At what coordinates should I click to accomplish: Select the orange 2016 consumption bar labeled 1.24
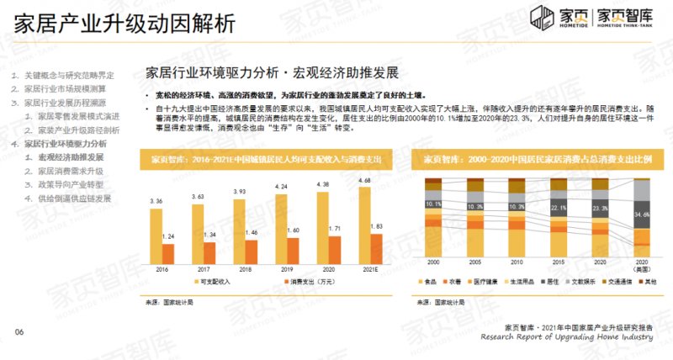(167, 253)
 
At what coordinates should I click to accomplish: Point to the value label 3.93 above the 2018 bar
(239, 191)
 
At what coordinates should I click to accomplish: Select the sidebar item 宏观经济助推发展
(72, 157)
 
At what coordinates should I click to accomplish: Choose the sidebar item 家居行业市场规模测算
(65, 89)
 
